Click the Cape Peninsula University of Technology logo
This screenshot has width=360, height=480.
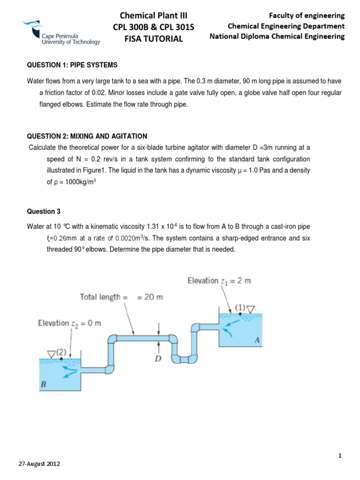click(x=61, y=33)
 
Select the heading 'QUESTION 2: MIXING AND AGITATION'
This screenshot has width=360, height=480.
click(x=87, y=136)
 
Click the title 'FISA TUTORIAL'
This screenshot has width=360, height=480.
click(x=153, y=39)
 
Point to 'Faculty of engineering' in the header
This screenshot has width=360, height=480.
click(x=310, y=15)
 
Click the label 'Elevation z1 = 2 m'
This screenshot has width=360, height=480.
click(x=219, y=281)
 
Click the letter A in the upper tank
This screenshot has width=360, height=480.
click(x=256, y=341)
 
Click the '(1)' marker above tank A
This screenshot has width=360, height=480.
click(x=240, y=308)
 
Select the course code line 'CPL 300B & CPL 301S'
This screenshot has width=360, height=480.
click(x=153, y=28)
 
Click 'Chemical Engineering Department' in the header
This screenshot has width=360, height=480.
click(x=286, y=26)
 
